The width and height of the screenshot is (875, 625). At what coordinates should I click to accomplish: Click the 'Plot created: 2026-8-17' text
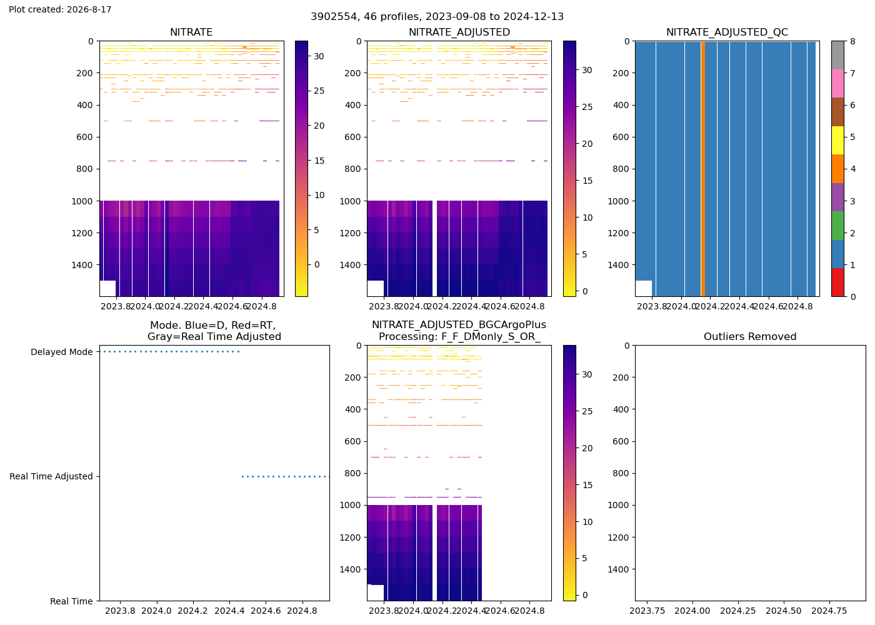pyautogui.click(x=60, y=9)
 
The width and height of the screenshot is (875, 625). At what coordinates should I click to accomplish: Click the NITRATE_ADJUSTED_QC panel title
pyautogui.click(x=727, y=32)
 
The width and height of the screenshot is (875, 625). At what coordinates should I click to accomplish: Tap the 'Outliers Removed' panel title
pyautogui.click(x=750, y=337)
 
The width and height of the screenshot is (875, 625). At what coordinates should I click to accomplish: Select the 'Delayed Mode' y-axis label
pyautogui.click(x=62, y=352)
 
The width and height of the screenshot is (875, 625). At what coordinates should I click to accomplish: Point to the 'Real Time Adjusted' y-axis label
pyautogui.click(x=51, y=476)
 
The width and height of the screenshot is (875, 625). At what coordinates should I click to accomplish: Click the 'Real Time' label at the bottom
pyautogui.click(x=71, y=601)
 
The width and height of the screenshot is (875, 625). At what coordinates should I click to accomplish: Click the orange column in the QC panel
pyautogui.click(x=703, y=169)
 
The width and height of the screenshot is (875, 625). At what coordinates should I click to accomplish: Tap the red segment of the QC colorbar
pyautogui.click(x=837, y=282)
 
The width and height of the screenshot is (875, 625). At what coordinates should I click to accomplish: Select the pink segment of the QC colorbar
pyautogui.click(x=837, y=84)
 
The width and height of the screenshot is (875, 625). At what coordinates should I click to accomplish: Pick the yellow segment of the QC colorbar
pyautogui.click(x=837, y=140)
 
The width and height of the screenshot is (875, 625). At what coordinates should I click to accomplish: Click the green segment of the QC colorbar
pyautogui.click(x=837, y=226)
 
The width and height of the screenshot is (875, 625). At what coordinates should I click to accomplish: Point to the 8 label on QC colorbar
pyautogui.click(x=852, y=41)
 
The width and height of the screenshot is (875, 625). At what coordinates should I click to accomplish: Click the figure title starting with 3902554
pyautogui.click(x=437, y=17)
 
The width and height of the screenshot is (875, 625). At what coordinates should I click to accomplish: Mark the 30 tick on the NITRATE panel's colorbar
pyautogui.click(x=319, y=56)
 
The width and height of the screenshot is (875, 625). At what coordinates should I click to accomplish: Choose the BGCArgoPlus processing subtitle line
pyautogui.click(x=459, y=337)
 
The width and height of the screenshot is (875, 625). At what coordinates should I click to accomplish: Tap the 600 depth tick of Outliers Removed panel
pyautogui.click(x=621, y=441)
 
